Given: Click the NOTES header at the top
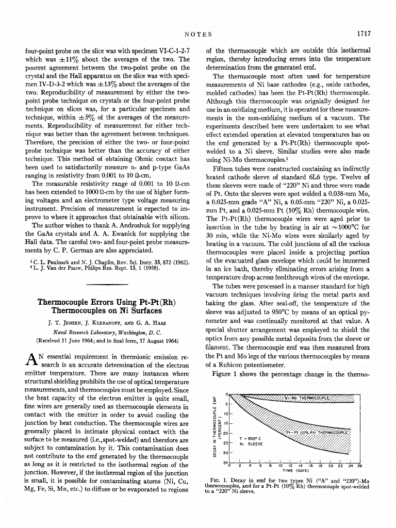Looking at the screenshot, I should point(198,34).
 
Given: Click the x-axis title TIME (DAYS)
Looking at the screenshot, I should point(295,470).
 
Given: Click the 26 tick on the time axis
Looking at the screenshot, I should point(360,466).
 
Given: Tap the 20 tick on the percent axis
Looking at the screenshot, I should point(226,433).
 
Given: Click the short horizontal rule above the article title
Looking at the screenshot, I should point(108,284).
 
